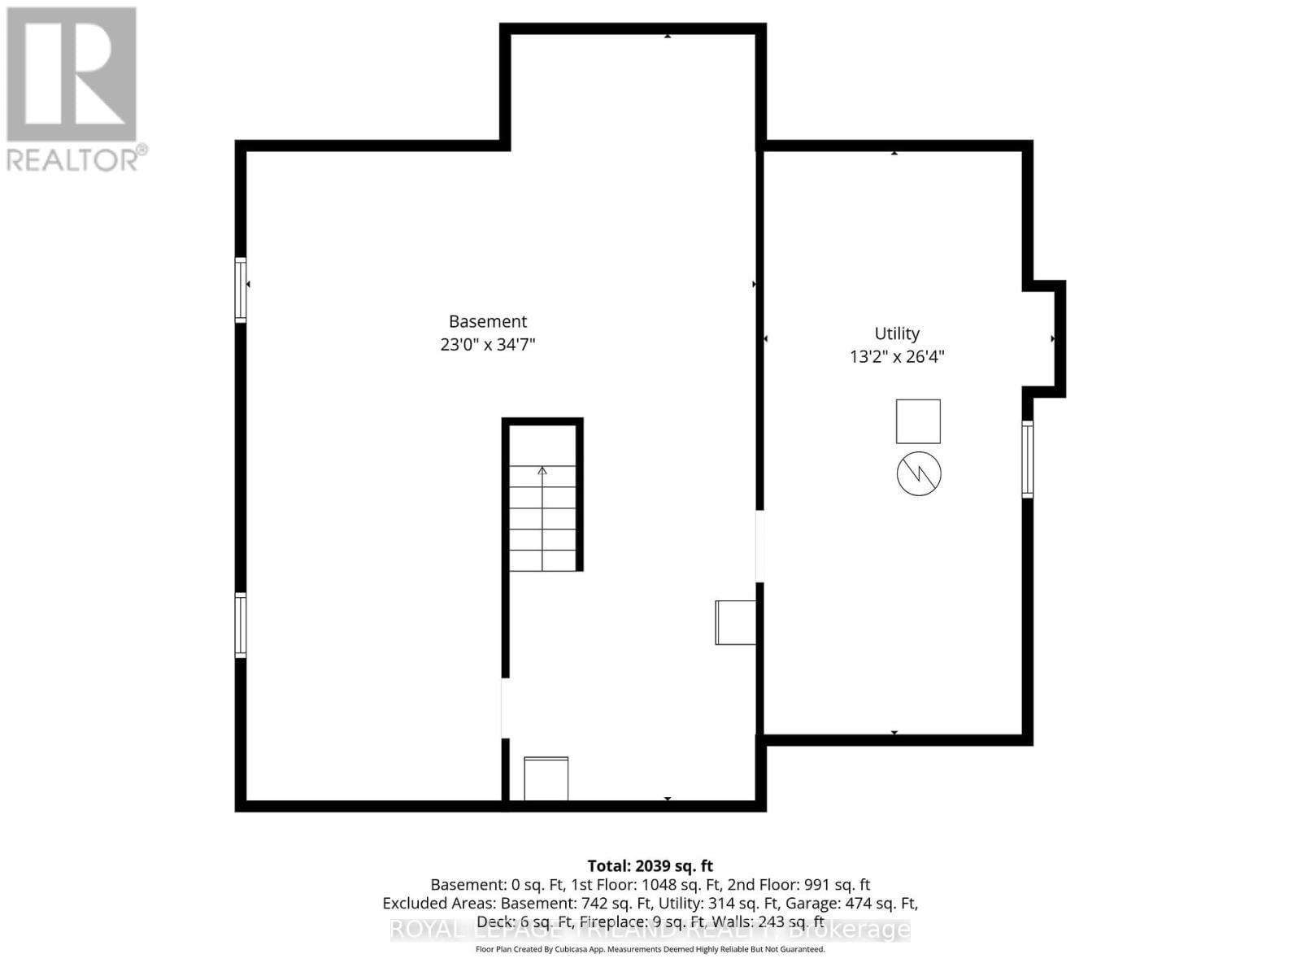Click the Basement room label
coord(488,321)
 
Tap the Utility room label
coord(897,333)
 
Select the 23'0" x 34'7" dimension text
coord(488,345)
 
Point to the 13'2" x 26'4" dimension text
coord(897,356)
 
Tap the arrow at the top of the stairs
coord(542,471)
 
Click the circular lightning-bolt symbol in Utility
coord(919,473)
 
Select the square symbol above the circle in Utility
coord(918,421)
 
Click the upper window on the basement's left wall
coord(241,290)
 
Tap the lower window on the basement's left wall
coord(241,625)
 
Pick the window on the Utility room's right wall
coord(1028,459)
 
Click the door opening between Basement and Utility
coord(759,546)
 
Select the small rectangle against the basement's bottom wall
coord(546,778)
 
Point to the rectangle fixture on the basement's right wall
coord(736,622)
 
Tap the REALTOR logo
coord(73,89)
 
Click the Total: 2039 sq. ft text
coord(650,866)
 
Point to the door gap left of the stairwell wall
coord(505,708)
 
